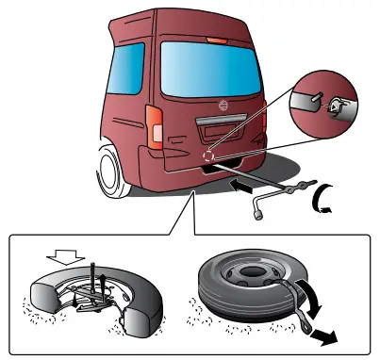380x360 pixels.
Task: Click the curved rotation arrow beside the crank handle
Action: (x=328, y=199)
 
